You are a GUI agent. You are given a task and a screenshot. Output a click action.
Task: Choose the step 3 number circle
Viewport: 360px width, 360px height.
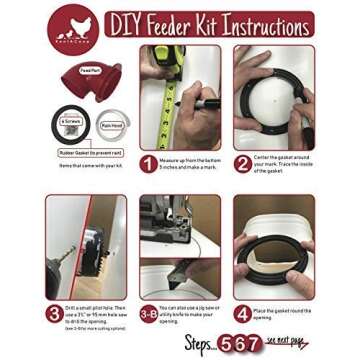(x=54, y=312)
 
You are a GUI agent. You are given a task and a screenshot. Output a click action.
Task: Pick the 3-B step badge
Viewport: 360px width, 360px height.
(x=148, y=312)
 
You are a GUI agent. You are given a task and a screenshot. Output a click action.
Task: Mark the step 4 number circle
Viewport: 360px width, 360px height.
(x=242, y=312)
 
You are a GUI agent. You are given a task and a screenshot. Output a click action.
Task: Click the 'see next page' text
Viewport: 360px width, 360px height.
(x=290, y=342)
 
